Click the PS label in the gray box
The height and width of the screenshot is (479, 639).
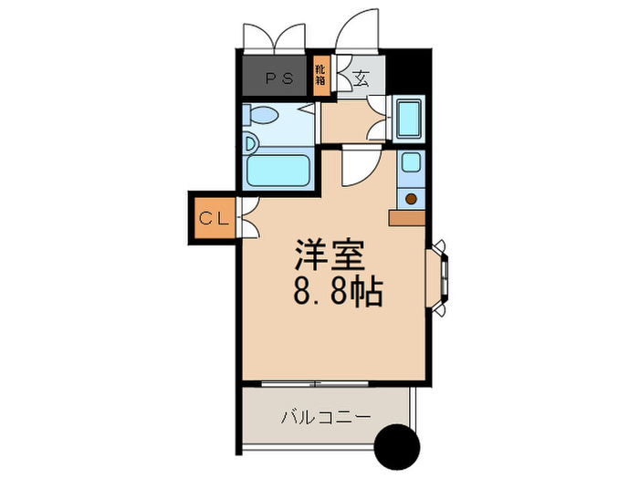(278, 78)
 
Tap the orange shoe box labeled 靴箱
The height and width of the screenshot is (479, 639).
(320, 74)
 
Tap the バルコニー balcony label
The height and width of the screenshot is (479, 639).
(325, 418)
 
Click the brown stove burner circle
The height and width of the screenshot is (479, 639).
(411, 197)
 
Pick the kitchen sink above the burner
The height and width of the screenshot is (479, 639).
(411, 165)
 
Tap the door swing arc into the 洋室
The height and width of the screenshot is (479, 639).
(359, 169)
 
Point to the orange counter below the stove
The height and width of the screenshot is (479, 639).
(406, 217)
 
